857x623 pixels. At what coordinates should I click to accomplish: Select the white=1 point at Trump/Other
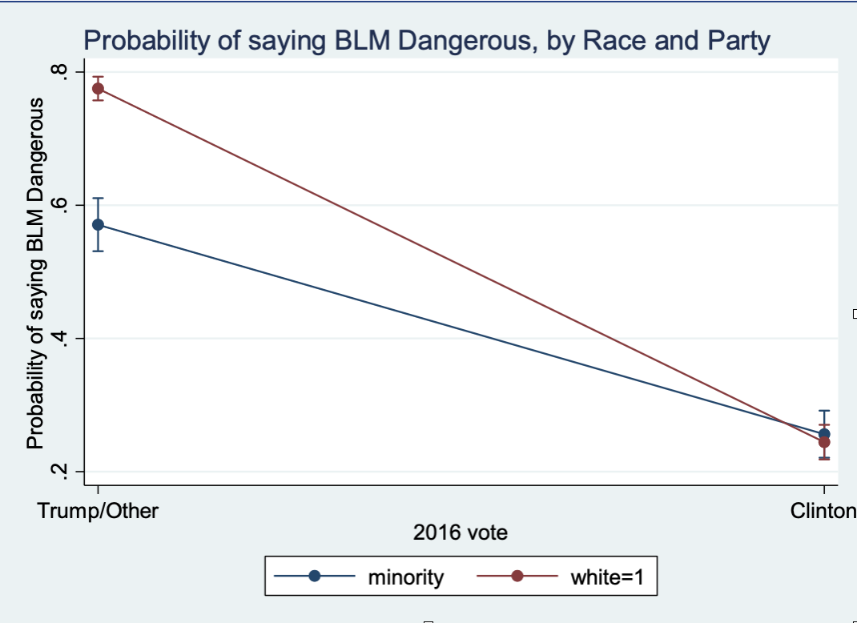pyautogui.click(x=98, y=88)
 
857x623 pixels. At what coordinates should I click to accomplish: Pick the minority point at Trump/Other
pyautogui.click(x=98, y=224)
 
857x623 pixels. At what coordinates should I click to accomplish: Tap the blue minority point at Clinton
pyautogui.click(x=824, y=433)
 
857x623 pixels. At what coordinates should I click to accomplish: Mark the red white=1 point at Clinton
pyautogui.click(x=824, y=442)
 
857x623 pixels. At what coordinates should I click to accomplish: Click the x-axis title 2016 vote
pyautogui.click(x=461, y=532)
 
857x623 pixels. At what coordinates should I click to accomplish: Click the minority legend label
pyautogui.click(x=405, y=577)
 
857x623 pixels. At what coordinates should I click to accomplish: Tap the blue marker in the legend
pyautogui.click(x=315, y=577)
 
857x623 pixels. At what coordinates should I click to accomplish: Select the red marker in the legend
pyautogui.click(x=517, y=577)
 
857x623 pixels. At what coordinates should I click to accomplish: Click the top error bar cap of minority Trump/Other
pyautogui.click(x=98, y=198)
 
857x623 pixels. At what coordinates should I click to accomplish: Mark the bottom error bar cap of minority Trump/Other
pyautogui.click(x=98, y=251)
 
